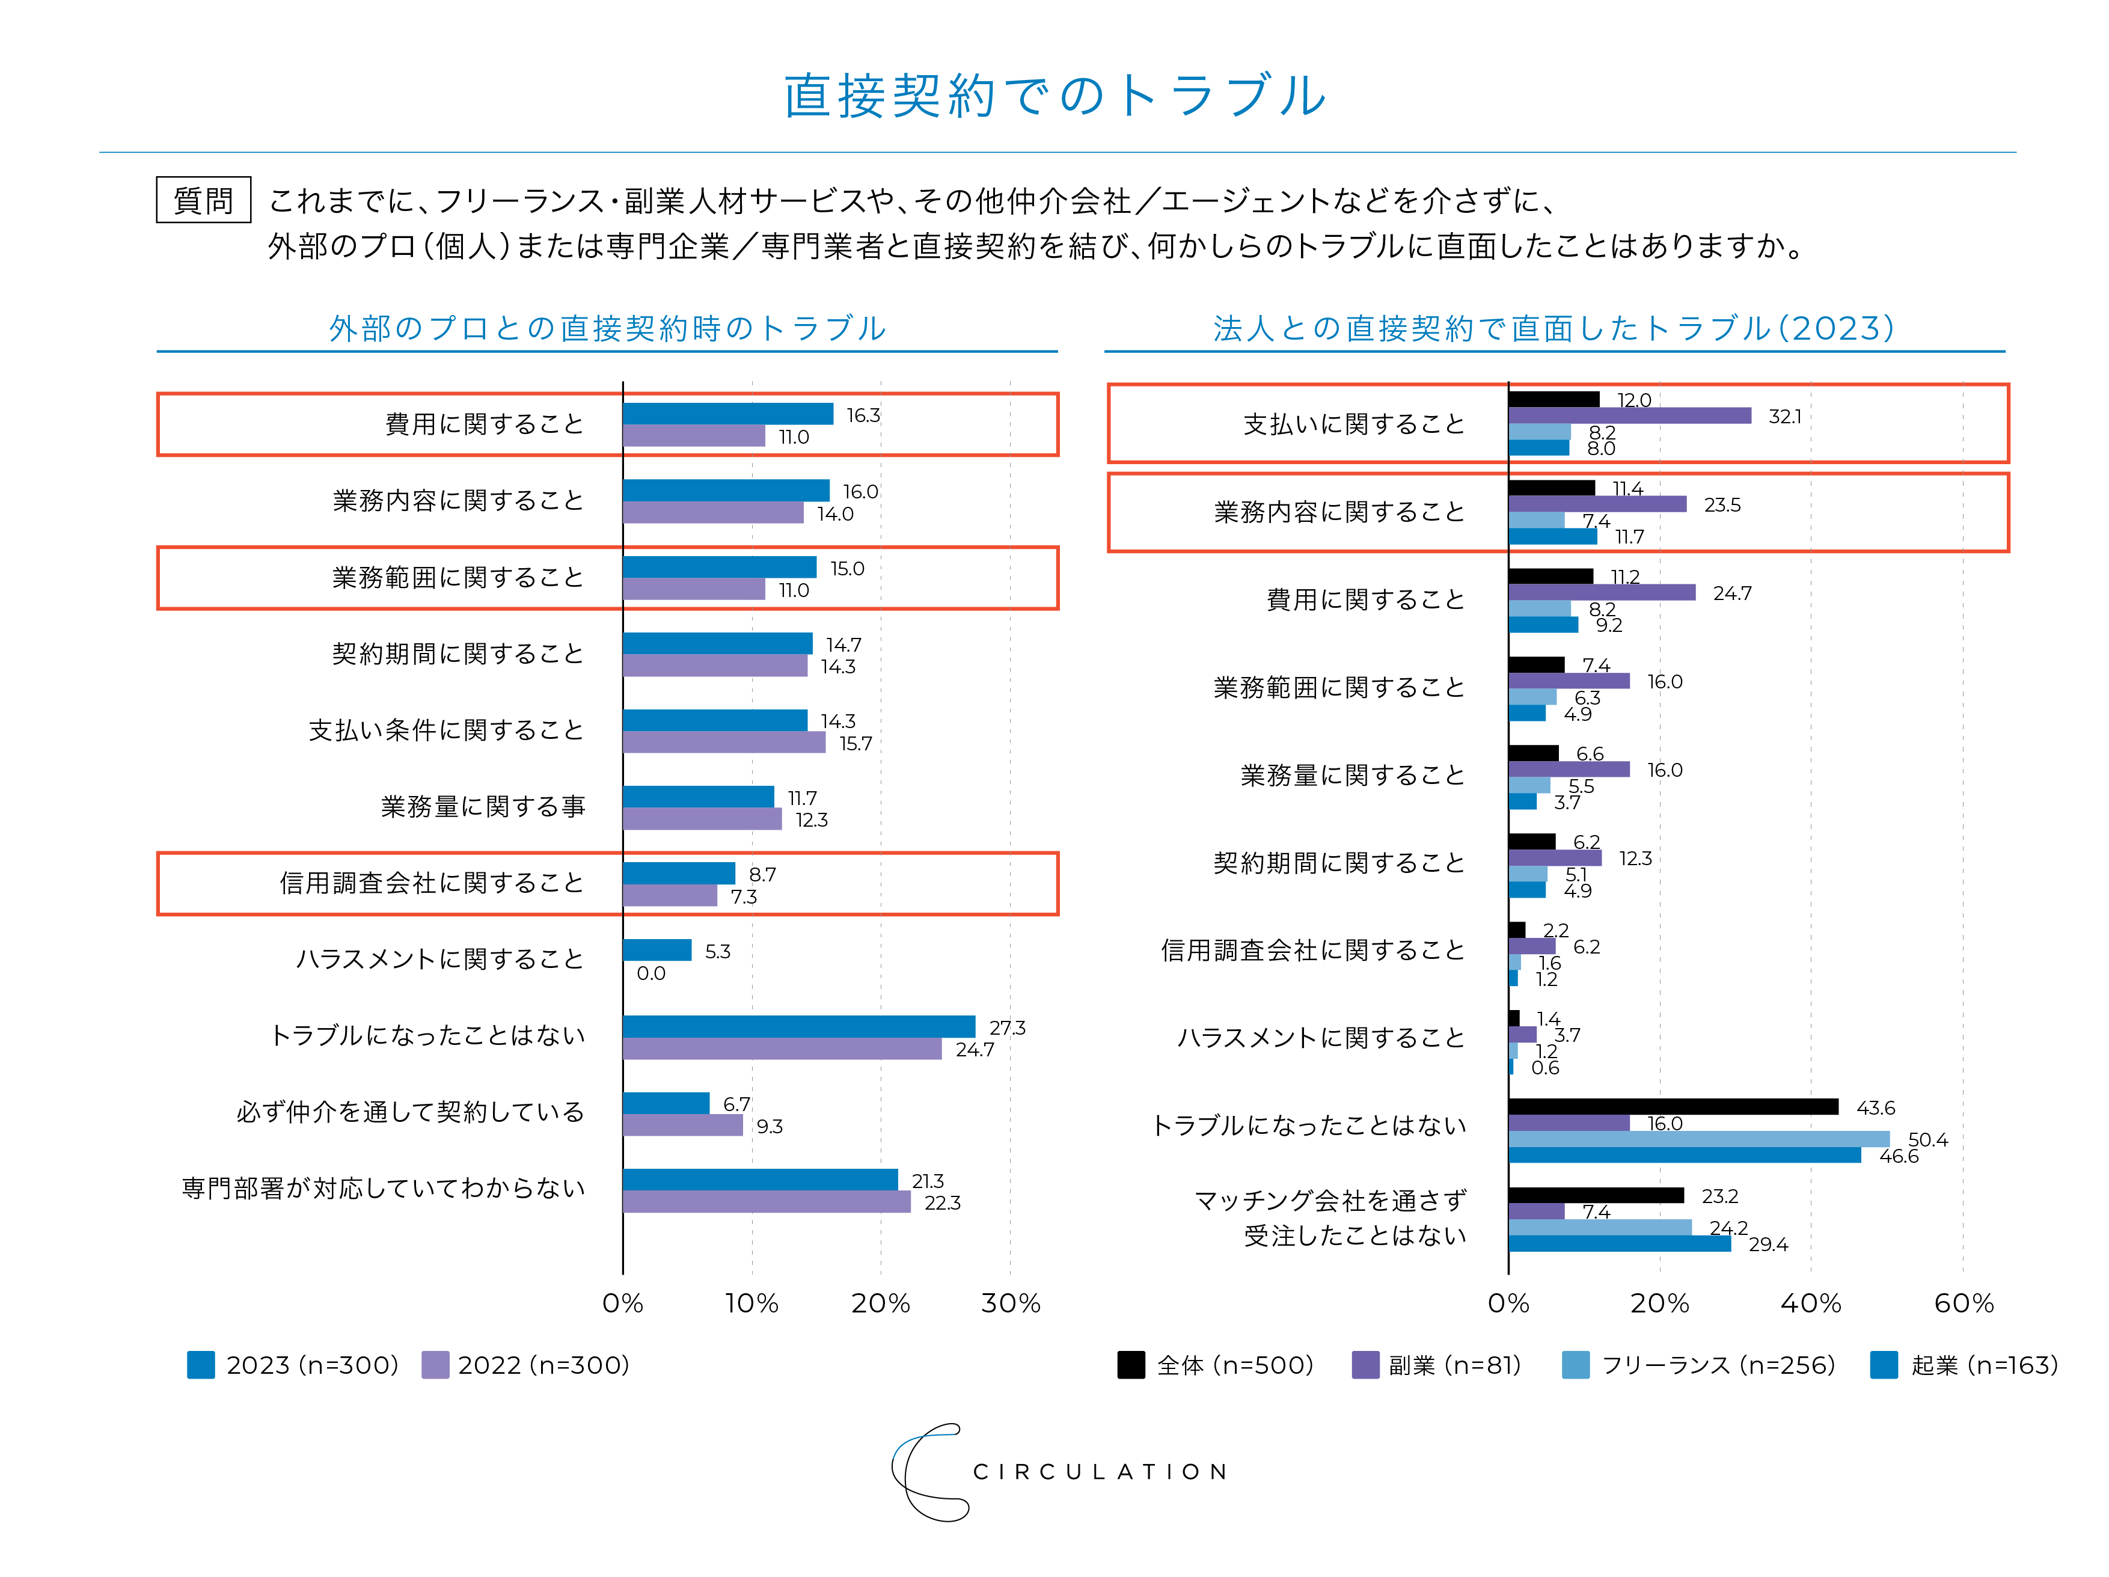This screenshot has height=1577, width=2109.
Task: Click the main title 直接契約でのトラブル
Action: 1054,96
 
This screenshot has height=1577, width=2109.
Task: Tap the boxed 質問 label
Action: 203,200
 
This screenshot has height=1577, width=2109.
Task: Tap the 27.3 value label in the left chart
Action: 1007,1028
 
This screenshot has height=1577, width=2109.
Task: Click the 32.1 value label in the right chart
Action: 1785,417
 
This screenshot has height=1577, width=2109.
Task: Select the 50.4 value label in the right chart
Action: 1927,1139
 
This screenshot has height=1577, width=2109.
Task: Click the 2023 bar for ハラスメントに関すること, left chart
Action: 657,951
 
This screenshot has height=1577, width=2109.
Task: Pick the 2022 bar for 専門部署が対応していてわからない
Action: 767,1202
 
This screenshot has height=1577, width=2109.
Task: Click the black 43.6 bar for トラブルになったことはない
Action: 1673,1107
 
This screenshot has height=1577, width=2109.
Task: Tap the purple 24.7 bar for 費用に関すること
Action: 1602,593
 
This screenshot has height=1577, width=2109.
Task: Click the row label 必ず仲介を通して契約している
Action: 410,1112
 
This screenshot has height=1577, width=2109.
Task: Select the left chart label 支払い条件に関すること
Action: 445,730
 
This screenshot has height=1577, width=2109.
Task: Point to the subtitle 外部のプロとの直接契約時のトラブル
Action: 607,328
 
